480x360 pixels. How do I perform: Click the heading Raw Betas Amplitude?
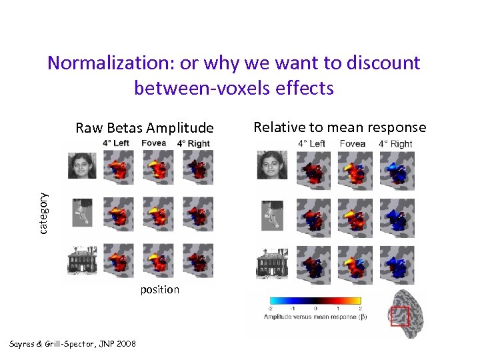coord(145,128)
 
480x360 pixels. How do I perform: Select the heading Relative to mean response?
coord(339,127)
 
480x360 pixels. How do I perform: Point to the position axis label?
coord(159,289)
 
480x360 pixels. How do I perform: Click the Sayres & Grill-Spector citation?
coord(73,343)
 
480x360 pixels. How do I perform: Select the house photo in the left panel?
coord(81,261)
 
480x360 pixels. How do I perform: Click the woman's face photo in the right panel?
coord(272,165)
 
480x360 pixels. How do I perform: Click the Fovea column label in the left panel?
coord(153,143)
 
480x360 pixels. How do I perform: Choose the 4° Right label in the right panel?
coord(395,143)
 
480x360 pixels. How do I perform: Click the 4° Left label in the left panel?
coord(116,143)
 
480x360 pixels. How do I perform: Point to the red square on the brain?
coord(399,315)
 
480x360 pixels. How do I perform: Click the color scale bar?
coord(314,301)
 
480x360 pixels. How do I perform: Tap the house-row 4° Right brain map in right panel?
coord(396,265)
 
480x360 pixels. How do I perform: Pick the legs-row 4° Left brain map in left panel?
coord(119,213)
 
